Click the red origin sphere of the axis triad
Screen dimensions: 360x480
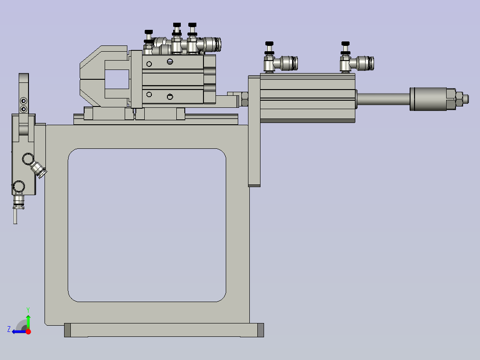tap(28, 331)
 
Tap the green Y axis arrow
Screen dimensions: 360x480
tap(28, 320)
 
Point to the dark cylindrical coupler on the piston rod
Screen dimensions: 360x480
tap(428, 99)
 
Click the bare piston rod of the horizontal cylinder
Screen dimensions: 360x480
tap(382, 99)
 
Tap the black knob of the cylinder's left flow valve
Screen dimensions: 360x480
tap(269, 43)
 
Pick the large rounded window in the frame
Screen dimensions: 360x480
tap(147, 225)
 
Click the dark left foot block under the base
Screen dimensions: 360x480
tap(68, 330)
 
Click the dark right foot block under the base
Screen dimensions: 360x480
tap(260, 330)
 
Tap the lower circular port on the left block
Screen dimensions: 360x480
tap(19, 185)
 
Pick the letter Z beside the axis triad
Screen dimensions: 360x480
tap(9, 329)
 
